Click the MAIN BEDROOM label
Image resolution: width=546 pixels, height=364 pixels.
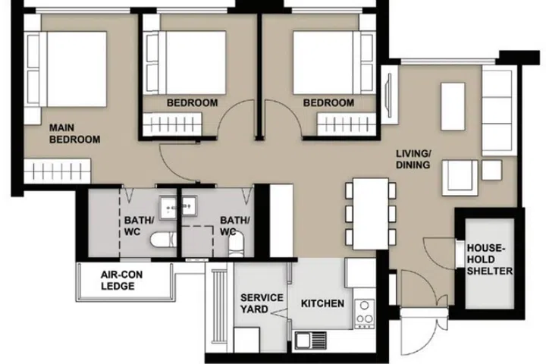tap(74, 133)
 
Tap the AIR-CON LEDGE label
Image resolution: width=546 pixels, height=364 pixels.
tap(121, 281)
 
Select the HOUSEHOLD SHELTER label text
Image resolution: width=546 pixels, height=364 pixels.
tap(490, 259)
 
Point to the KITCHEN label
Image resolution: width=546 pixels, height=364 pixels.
tap(322, 303)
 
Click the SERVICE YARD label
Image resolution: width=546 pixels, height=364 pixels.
tap(262, 303)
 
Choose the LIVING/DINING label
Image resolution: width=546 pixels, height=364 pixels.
tap(413, 159)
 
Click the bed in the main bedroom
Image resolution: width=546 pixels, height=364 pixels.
tap(65, 69)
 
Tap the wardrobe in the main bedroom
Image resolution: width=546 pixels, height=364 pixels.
tap(58, 171)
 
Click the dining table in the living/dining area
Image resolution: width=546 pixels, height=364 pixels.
tap(371, 214)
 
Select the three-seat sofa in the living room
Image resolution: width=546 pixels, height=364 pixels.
tap(497, 110)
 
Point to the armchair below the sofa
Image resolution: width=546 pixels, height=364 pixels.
tap(460, 177)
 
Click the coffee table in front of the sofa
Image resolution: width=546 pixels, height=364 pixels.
tap(453, 107)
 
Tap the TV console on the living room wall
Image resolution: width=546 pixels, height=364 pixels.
tap(389, 94)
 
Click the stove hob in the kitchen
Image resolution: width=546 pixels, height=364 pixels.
tap(365, 313)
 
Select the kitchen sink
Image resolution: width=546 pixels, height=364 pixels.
tap(311, 340)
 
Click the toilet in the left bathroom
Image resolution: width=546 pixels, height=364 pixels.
tap(163, 240)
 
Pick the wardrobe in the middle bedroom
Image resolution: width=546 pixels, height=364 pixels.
tap(172, 124)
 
